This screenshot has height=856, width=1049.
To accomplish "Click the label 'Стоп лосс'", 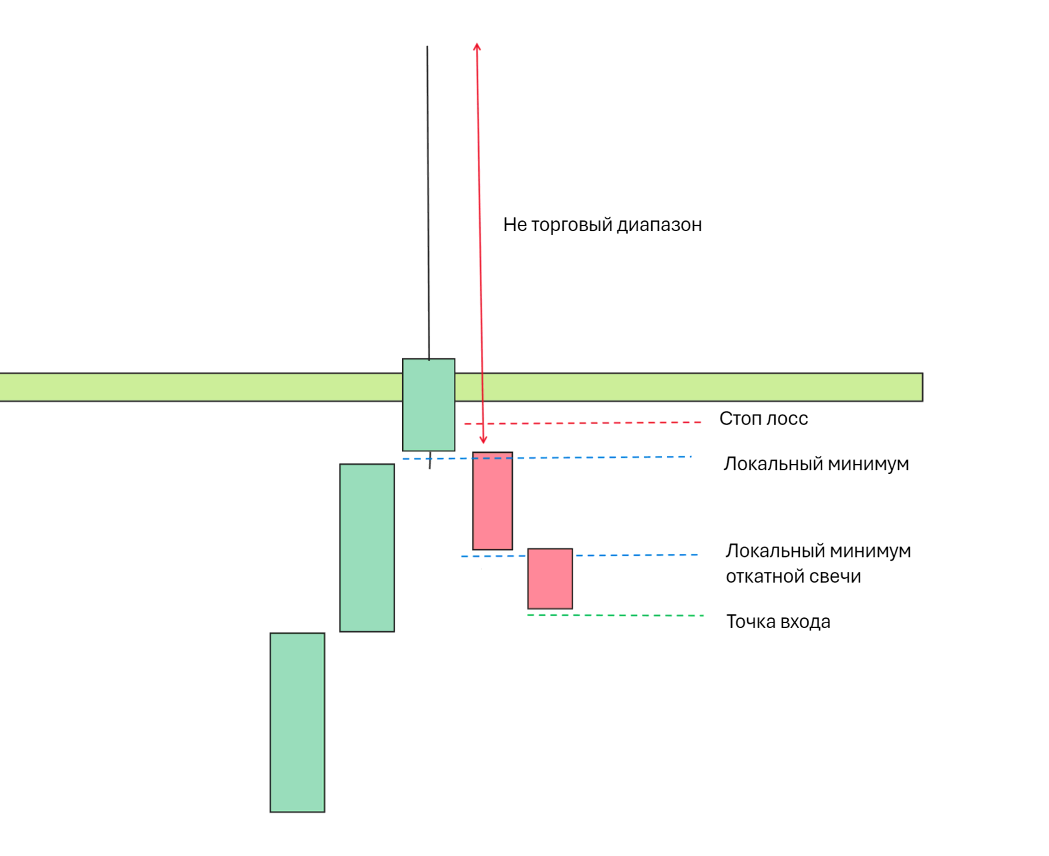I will pyautogui.click(x=763, y=418).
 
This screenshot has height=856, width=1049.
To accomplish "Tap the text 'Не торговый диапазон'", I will pyautogui.click(x=602, y=225).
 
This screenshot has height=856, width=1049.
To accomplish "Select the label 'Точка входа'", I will pyautogui.click(x=778, y=622).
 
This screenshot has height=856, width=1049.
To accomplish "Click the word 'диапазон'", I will pyautogui.click(x=659, y=225).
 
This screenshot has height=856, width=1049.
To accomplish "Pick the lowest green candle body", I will pyautogui.click(x=297, y=722).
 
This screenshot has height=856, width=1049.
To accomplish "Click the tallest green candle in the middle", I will pyautogui.click(x=367, y=548).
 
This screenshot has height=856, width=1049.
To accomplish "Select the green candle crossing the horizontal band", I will pyautogui.click(x=428, y=405).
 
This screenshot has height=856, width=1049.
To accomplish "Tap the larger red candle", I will pyautogui.click(x=493, y=501).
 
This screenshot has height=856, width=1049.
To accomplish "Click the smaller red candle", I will pyautogui.click(x=550, y=579).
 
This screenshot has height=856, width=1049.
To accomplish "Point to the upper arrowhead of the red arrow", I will pyautogui.click(x=477, y=46).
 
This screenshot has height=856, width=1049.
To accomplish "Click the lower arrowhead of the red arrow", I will pyautogui.click(x=483, y=440).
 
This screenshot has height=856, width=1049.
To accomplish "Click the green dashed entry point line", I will pyautogui.click(x=615, y=615).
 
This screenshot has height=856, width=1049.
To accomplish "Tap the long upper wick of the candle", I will pyautogui.click(x=428, y=200).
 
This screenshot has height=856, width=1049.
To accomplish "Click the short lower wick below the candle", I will pyautogui.click(x=430, y=460).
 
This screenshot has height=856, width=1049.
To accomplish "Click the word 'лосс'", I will pyautogui.click(x=788, y=418).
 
